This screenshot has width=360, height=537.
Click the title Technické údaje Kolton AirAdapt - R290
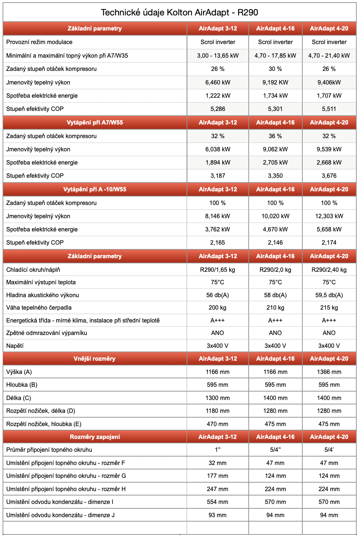pyautogui.click(x=179, y=12)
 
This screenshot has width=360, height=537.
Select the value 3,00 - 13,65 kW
pyautogui.click(x=218, y=55)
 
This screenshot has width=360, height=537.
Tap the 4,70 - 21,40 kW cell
pyautogui.click(x=329, y=55)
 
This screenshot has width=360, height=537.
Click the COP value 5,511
pyautogui.click(x=329, y=109)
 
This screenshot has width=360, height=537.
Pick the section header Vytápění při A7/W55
pyautogui.click(x=95, y=122)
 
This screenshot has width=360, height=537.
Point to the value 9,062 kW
pyautogui.click(x=275, y=149)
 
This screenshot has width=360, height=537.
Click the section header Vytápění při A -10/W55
pyautogui.click(x=95, y=189)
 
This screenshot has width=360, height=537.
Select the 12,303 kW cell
pyautogui.click(x=329, y=216)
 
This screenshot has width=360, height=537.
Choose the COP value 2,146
pyautogui.click(x=275, y=242)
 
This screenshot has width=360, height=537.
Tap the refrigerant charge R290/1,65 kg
pyautogui.click(x=217, y=270)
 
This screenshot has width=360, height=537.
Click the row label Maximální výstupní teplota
pyautogui.click(x=41, y=282)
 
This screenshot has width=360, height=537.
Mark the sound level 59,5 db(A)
pyautogui.click(x=329, y=295)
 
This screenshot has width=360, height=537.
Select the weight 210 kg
pyautogui.click(x=275, y=307)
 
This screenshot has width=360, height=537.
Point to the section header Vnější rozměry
pyautogui.click(x=94, y=358)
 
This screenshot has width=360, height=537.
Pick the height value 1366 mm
pyautogui.click(x=329, y=372)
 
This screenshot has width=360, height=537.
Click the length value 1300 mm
pyautogui.click(x=217, y=398)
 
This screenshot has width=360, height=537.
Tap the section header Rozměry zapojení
pyautogui.click(x=95, y=437)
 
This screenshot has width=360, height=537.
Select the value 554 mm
pyautogui.click(x=217, y=502)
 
